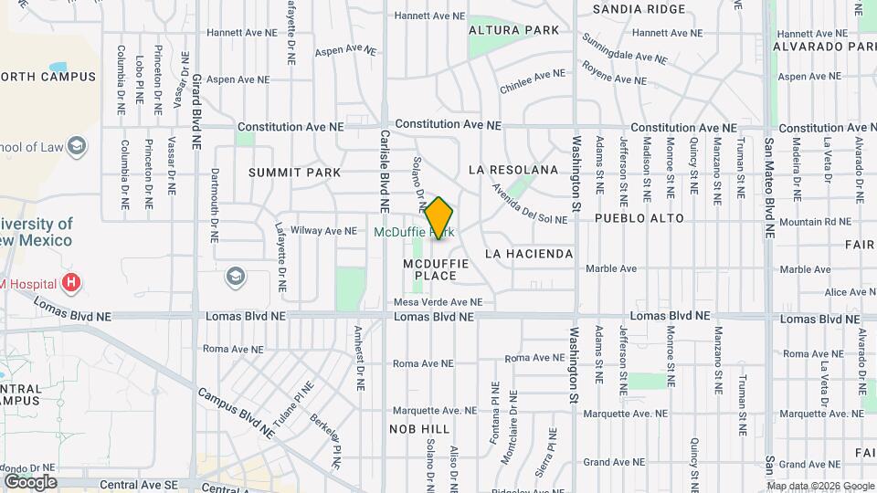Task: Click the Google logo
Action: point(29,481)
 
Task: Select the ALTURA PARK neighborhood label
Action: point(513,30)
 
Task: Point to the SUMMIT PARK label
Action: point(295,172)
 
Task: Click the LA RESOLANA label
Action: point(512,170)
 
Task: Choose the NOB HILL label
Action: point(419,428)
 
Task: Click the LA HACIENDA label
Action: point(529,253)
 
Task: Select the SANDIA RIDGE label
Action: point(639,9)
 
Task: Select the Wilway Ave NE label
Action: point(323,231)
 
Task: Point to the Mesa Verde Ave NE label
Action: point(438,302)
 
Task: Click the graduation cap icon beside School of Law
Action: point(77,146)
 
